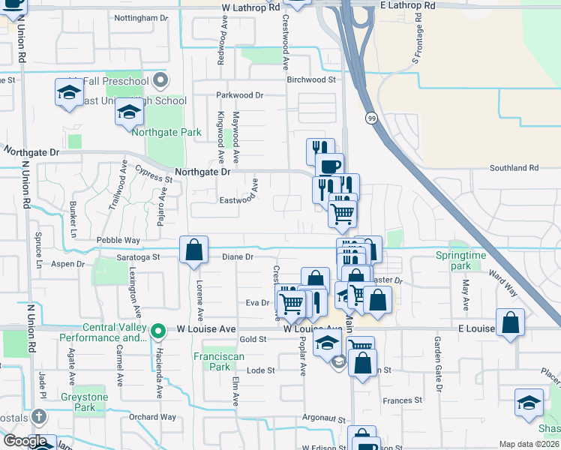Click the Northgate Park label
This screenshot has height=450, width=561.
point(166,133)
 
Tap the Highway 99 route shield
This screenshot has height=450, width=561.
point(371,118)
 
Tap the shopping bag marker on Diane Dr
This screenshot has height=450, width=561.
point(194,250)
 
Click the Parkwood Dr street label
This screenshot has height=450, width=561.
point(240,95)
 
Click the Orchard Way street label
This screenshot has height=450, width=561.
point(152,417)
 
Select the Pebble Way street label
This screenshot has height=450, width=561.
point(118,240)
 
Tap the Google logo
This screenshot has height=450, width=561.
point(25,441)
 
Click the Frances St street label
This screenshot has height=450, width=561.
point(403,400)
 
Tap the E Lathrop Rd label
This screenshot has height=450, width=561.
point(407,5)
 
